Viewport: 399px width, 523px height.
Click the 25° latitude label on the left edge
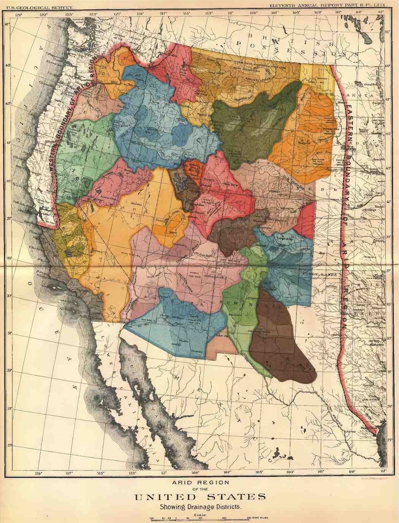(10, 445)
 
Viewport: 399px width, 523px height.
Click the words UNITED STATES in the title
(199, 497)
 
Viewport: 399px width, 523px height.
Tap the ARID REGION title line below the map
(199, 482)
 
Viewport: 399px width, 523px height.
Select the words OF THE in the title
(199, 489)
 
